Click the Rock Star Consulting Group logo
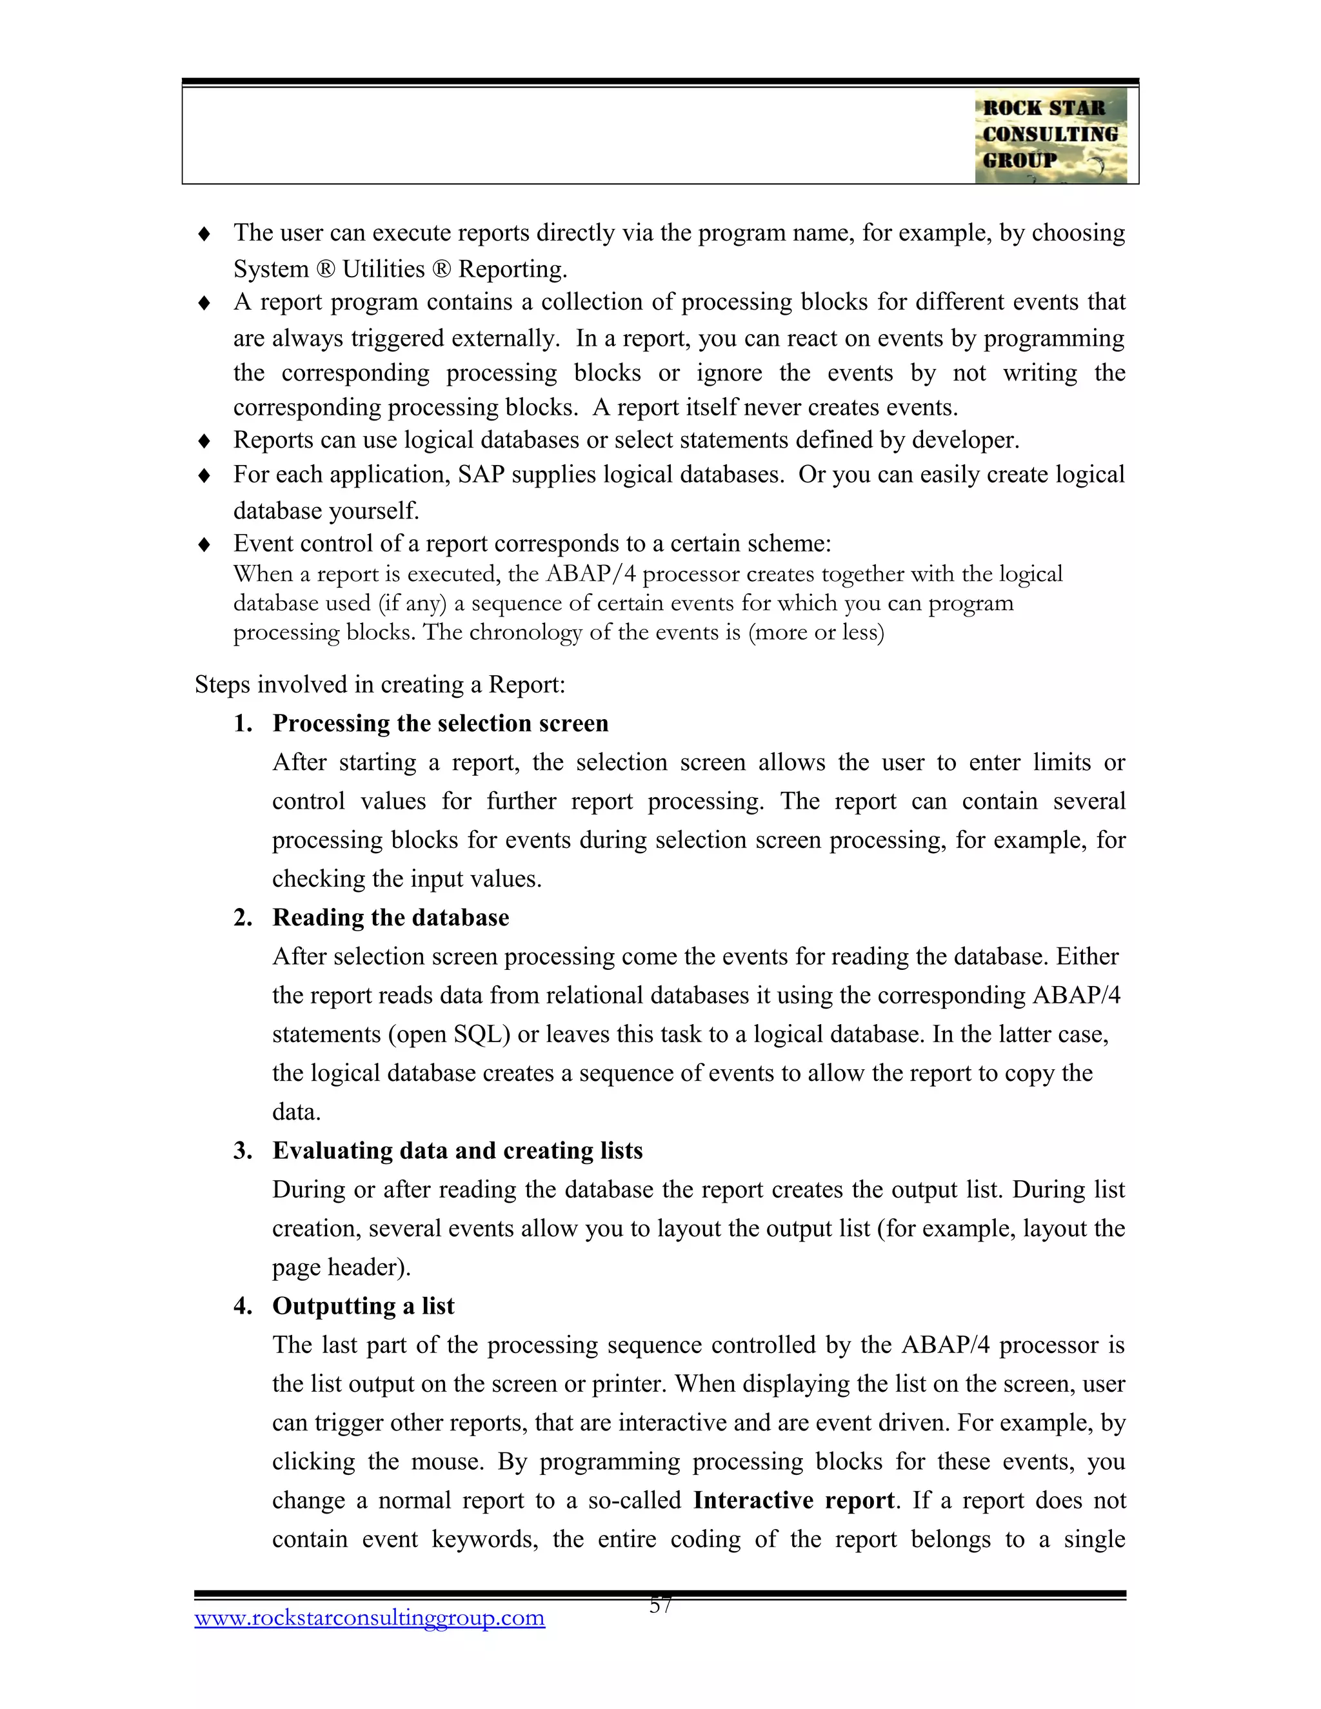pyautogui.click(x=1050, y=135)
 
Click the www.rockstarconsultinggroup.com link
pyautogui.click(x=370, y=1617)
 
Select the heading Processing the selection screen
pyautogui.click(x=440, y=723)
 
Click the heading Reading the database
pyautogui.click(x=390, y=917)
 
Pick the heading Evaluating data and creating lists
pyautogui.click(x=457, y=1151)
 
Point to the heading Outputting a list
pyautogui.click(x=363, y=1305)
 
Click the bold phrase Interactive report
pyautogui.click(x=793, y=1500)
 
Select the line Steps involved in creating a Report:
pyautogui.click(x=379, y=685)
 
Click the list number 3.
pyautogui.click(x=242, y=1151)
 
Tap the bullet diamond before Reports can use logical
pyautogui.click(x=204, y=441)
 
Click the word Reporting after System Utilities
pyautogui.click(x=512, y=269)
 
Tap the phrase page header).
pyautogui.click(x=341, y=1267)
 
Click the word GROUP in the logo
pyautogui.click(x=1019, y=161)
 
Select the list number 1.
pyautogui.click(x=242, y=723)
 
